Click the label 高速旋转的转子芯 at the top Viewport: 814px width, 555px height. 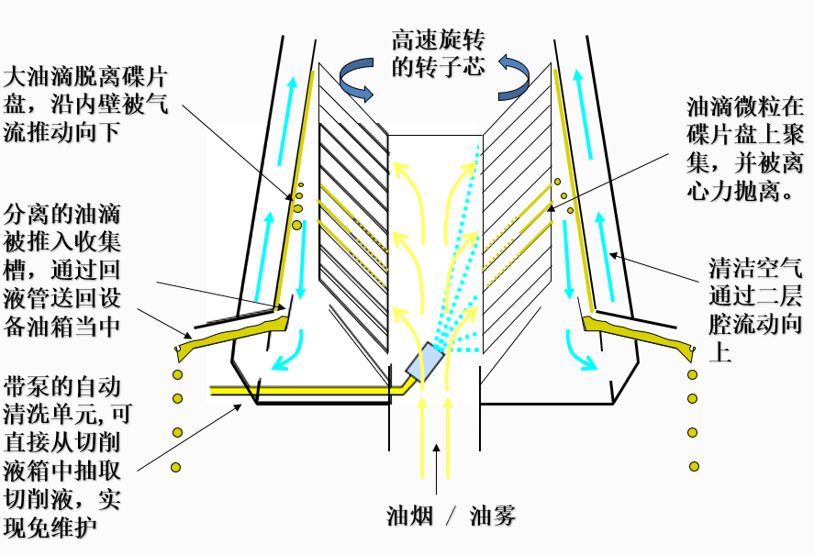tap(438, 53)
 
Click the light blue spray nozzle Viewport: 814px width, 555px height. tap(423, 361)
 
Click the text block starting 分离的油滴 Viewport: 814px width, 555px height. tap(62, 271)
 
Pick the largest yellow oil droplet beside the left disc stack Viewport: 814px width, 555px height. tap(296, 224)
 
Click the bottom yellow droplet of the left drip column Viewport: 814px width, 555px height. tap(176, 467)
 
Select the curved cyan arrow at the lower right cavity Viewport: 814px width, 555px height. tap(579, 348)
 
